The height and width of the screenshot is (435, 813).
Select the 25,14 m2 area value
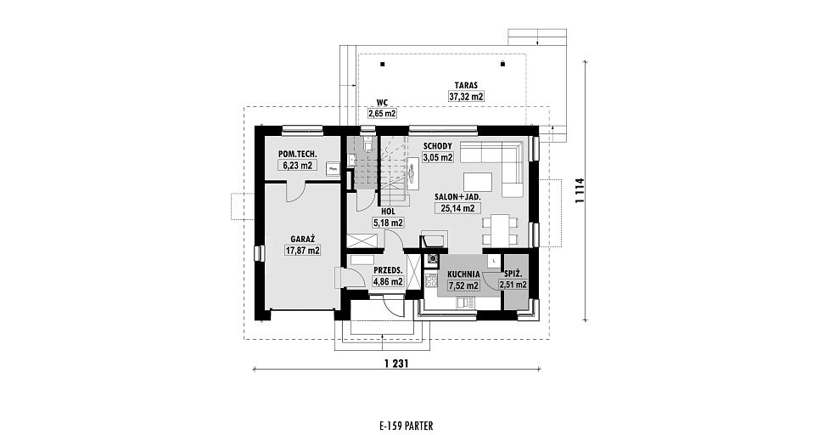457,209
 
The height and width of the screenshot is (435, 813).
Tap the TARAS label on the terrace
466,85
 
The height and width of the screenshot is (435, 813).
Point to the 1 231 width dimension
396,364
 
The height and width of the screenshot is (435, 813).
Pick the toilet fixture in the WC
367,144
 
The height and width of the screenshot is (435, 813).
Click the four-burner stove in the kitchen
431,281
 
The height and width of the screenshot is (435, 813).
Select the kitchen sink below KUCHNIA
466,302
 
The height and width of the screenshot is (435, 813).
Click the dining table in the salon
500,231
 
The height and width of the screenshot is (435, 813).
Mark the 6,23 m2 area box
297,167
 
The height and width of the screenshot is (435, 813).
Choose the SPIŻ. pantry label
513,274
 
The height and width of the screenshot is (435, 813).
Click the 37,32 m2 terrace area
466,96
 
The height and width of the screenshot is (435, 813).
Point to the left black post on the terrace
382,65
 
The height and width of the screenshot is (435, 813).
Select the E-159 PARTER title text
406,427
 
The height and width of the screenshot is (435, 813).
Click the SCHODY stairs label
438,146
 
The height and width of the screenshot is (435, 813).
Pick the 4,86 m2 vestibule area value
388,282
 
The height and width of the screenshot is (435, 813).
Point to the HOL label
388,212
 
